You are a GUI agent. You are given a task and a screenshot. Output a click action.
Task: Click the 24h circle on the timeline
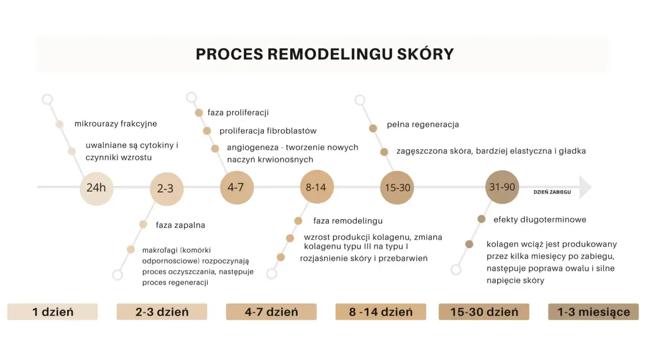click(96, 189)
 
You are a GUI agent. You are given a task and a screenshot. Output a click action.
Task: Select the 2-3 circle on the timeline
click(167, 189)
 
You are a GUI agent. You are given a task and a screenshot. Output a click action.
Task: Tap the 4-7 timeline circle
click(237, 188)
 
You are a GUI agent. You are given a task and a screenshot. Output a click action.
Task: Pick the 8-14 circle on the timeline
click(317, 187)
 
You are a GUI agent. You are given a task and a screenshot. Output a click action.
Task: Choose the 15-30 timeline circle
click(397, 188)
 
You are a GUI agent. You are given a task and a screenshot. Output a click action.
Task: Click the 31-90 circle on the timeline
click(502, 187)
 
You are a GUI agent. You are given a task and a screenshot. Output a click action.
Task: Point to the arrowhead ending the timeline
click(585, 187)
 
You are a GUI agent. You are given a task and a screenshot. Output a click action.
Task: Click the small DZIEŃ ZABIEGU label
click(552, 192)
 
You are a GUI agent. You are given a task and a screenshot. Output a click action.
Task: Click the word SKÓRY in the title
click(425, 53)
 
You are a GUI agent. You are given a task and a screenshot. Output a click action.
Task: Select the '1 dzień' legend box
click(52, 312)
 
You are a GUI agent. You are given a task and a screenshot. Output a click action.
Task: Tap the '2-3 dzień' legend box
click(162, 312)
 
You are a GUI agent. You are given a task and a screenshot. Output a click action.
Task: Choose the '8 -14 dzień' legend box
click(381, 312)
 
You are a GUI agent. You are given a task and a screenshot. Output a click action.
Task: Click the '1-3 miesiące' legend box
click(594, 312)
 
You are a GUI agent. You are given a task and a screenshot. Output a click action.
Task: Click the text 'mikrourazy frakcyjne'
click(116, 124)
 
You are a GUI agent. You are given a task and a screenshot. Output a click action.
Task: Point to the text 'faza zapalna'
click(181, 225)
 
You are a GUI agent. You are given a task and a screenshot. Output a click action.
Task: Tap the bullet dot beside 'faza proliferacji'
click(199, 112)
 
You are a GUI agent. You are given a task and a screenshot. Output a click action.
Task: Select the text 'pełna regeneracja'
click(423, 125)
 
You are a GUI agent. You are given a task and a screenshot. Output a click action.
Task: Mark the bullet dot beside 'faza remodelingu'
click(298, 221)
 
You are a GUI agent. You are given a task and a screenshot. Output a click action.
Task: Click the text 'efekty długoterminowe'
click(540, 219)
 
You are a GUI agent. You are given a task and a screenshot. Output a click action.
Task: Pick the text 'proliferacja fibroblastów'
click(268, 131)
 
